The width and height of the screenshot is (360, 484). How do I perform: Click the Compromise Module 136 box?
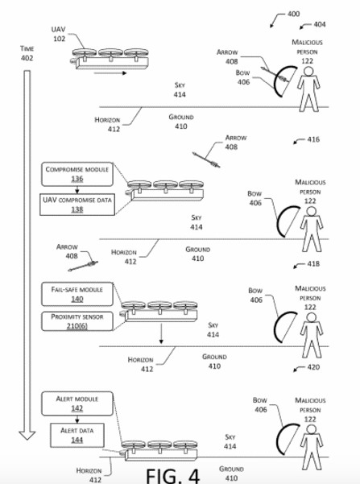[77, 174]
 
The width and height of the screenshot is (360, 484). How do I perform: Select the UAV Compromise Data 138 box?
[77, 205]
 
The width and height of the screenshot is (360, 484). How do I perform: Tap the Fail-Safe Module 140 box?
[77, 294]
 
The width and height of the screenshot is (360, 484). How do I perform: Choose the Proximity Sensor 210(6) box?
[77, 321]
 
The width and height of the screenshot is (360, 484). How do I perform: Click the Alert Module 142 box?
[77, 403]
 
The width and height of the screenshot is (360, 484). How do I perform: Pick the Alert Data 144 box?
[77, 435]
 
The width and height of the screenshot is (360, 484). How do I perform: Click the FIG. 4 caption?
[172, 476]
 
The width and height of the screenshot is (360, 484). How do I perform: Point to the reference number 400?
[293, 14]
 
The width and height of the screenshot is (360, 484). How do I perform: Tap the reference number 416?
[313, 139]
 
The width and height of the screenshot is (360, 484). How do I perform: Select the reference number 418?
[313, 264]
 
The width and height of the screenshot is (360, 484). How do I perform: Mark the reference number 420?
[313, 367]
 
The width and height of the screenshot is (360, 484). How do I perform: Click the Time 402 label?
[27, 53]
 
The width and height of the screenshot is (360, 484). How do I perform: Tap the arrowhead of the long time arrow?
[27, 435]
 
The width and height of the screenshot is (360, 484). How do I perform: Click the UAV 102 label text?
[58, 34]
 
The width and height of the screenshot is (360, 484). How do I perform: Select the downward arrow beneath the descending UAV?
[161, 333]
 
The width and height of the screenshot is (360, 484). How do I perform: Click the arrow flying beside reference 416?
[206, 160]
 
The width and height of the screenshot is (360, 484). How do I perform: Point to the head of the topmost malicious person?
[308, 72]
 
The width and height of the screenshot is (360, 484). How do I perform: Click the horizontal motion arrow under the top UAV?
[110, 73]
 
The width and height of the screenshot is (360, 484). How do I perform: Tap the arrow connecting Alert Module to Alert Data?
[77, 420]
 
